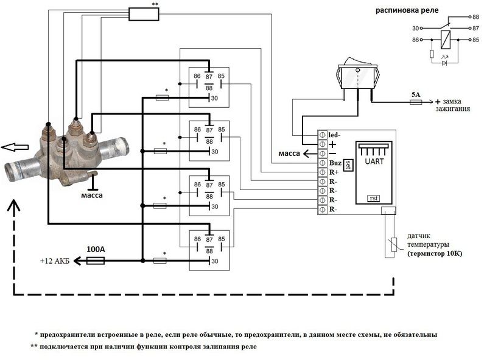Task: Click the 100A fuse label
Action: [95, 250]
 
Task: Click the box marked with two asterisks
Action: [144, 13]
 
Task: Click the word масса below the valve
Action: [92, 196]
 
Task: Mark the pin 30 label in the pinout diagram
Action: [416, 28]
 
